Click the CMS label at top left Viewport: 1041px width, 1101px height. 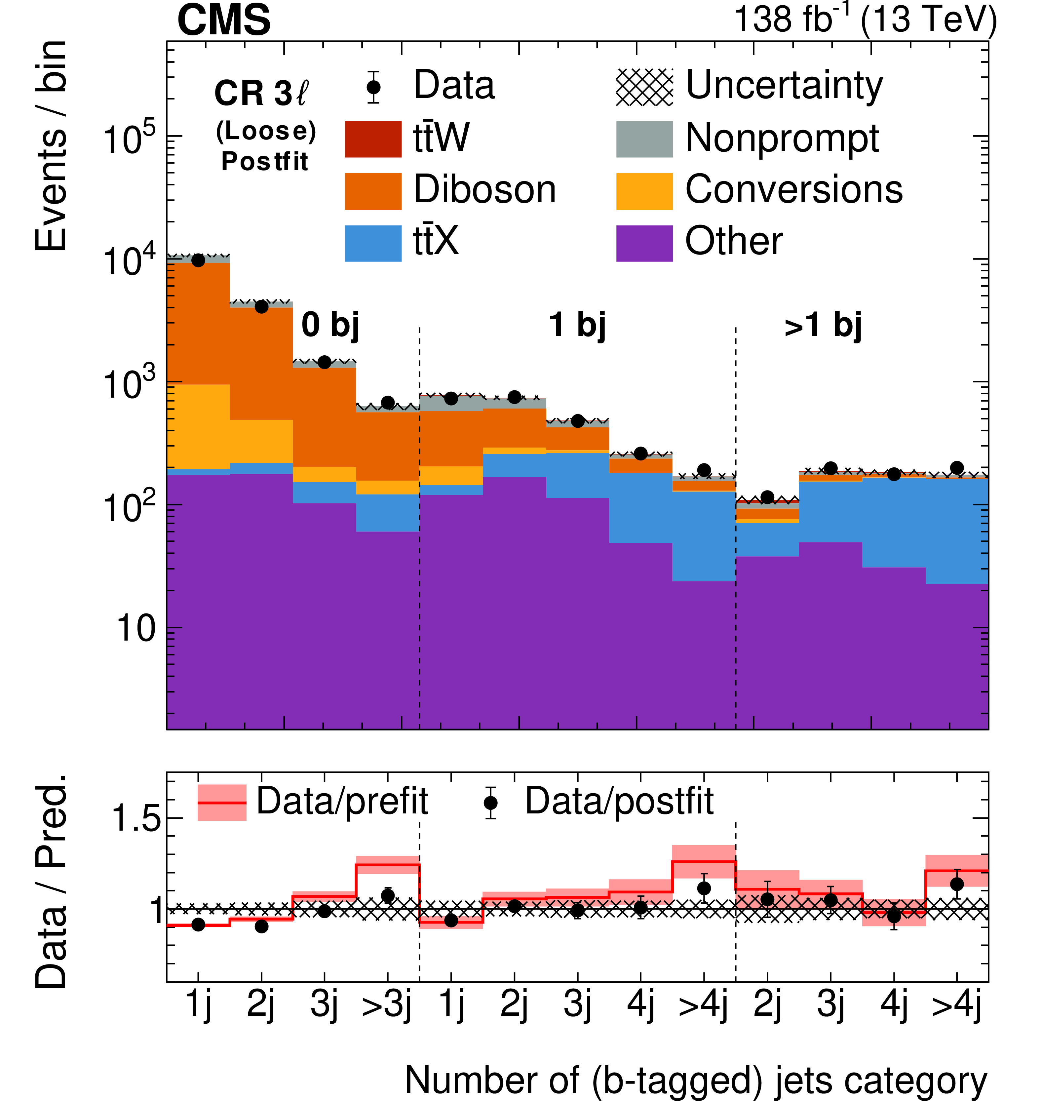[224, 20]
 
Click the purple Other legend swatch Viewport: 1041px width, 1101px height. [644, 243]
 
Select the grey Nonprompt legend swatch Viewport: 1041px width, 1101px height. [644, 139]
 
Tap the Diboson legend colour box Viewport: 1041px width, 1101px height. [373, 191]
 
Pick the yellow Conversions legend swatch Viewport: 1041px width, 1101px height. [644, 191]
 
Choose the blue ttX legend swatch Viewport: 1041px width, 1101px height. [373, 243]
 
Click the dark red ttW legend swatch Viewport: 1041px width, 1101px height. [373, 139]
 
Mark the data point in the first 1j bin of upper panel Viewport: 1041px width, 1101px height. [198, 260]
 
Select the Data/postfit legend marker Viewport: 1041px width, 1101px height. [490, 803]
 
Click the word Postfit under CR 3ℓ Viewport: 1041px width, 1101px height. [265, 162]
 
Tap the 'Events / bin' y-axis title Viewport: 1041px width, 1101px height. [51, 145]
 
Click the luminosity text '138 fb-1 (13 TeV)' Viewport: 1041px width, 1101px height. [865, 20]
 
